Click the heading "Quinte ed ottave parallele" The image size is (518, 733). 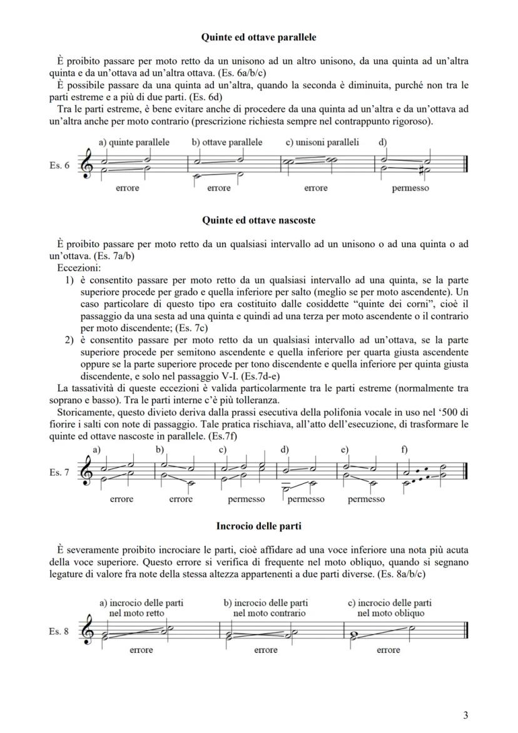[258, 38]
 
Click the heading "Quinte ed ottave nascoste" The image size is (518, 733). [258, 220]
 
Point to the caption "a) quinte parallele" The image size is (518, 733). [134, 142]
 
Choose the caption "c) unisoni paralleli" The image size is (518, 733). [322, 142]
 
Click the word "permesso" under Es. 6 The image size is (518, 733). [410, 188]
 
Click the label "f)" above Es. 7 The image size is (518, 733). [404, 449]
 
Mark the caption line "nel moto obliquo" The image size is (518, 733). [390, 613]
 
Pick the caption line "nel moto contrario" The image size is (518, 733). [269, 613]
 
